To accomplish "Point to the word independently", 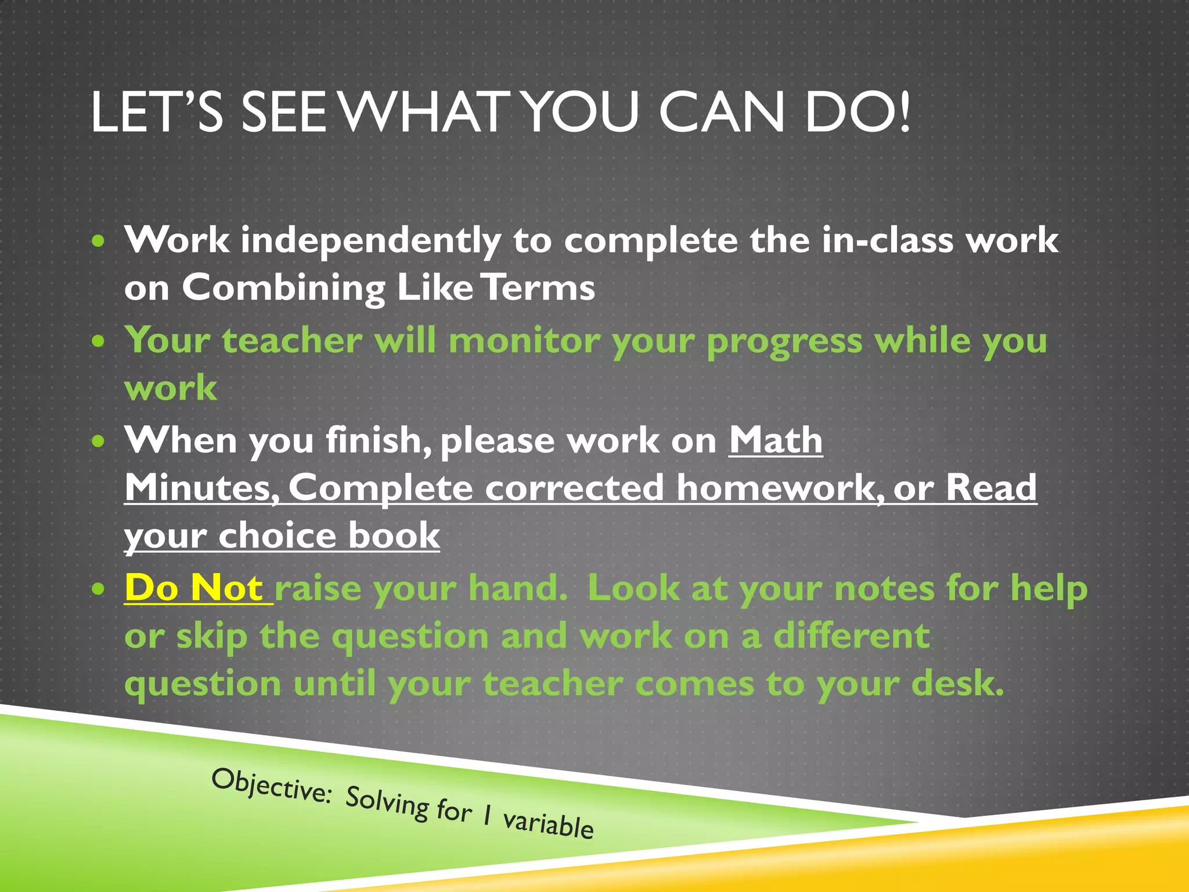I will [370, 241].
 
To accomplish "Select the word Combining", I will [283, 289].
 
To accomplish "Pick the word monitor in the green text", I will [524, 341].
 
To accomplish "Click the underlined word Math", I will [776, 440].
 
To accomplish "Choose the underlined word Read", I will [991, 488].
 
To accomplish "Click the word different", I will [852, 636].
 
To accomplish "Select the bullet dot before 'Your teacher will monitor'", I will [99, 341].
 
